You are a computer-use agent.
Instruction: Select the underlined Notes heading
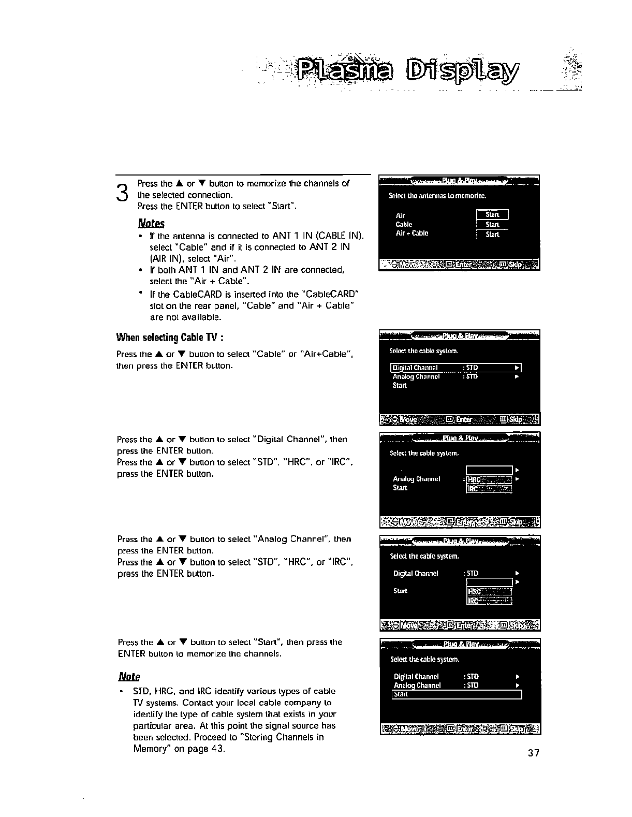[x=151, y=224]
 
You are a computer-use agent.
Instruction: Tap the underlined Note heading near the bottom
[x=129, y=677]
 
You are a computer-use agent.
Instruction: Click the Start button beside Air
[x=492, y=215]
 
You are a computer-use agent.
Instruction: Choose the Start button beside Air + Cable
[x=492, y=235]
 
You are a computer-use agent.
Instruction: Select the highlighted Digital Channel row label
[x=416, y=368]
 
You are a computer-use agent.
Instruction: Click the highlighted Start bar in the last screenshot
[x=457, y=694]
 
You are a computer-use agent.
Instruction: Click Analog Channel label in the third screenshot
[x=417, y=479]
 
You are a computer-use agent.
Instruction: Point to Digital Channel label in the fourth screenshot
[x=416, y=573]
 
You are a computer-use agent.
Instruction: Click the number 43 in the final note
[x=217, y=749]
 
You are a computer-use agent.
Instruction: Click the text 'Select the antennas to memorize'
[x=437, y=196]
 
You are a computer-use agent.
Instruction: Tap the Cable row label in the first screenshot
[x=404, y=225]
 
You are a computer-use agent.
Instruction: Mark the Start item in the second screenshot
[x=400, y=385]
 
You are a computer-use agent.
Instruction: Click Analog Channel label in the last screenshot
[x=417, y=685]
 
